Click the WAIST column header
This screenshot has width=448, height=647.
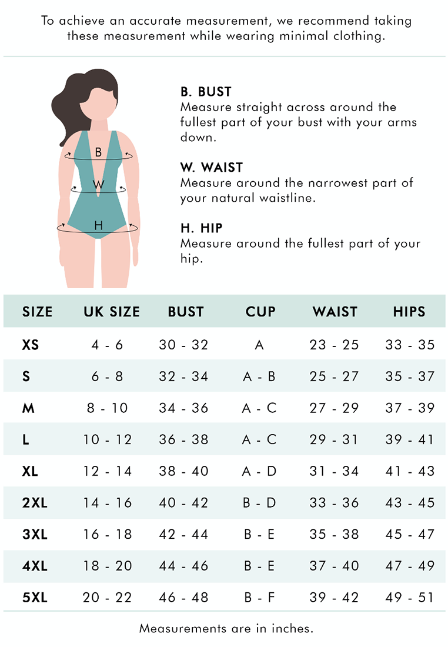click(335, 312)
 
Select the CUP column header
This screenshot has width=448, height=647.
click(260, 312)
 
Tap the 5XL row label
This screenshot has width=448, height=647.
click(35, 598)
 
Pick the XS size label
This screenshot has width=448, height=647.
click(31, 345)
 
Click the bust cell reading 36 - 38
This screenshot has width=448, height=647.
click(183, 439)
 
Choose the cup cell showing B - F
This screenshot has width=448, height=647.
click(259, 598)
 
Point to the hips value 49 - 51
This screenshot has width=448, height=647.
click(409, 598)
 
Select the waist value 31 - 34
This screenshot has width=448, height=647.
click(334, 471)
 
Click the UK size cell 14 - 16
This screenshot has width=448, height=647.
click(107, 503)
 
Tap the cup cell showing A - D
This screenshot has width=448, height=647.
click(259, 471)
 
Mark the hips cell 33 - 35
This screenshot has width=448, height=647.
click(409, 345)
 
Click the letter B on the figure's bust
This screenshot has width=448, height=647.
click(98, 152)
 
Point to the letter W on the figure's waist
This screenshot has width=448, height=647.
click(99, 185)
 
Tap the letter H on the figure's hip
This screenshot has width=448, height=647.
click(98, 225)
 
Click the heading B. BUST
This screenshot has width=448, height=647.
click(206, 92)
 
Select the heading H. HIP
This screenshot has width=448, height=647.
click(201, 228)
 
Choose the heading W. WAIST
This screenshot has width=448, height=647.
click(211, 168)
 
